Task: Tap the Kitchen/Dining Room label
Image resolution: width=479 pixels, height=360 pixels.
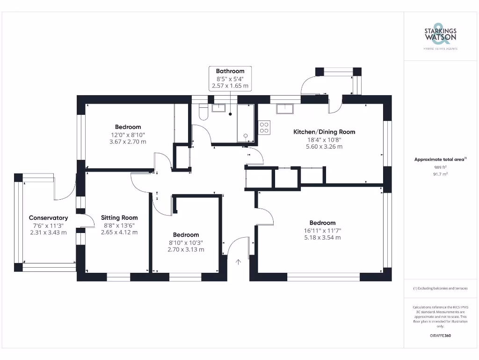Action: pyautogui.click(x=324, y=132)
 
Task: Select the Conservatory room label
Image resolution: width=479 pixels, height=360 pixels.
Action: pyautogui.click(x=48, y=217)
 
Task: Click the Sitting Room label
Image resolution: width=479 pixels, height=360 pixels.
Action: pyautogui.click(x=119, y=217)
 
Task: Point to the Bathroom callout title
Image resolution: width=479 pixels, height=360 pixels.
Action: pyautogui.click(x=230, y=71)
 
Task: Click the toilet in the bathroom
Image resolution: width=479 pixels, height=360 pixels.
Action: pyautogui.click(x=203, y=113)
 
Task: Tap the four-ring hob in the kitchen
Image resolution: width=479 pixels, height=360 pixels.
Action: pyautogui.click(x=264, y=127)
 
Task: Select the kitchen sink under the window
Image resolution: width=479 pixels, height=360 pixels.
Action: pyautogui.click(x=285, y=109)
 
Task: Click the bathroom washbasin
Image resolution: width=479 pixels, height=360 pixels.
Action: pyautogui.click(x=219, y=108)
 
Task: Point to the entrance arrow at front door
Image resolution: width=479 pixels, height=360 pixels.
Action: pyautogui.click(x=239, y=262)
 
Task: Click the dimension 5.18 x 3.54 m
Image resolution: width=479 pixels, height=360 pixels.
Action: pyautogui.click(x=322, y=238)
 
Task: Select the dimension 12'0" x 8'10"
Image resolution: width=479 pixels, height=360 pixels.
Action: pyautogui.click(x=128, y=135)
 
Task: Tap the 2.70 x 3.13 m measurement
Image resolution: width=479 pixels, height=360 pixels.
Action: pyautogui.click(x=186, y=250)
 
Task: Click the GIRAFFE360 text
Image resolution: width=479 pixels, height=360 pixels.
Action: pyautogui.click(x=440, y=336)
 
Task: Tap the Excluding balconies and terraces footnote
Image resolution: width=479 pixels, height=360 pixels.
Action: pyautogui.click(x=440, y=288)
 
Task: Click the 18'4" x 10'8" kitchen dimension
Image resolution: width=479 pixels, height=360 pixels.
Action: pyautogui.click(x=324, y=139)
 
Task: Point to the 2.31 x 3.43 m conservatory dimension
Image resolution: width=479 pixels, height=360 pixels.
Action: pyautogui.click(x=48, y=232)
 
